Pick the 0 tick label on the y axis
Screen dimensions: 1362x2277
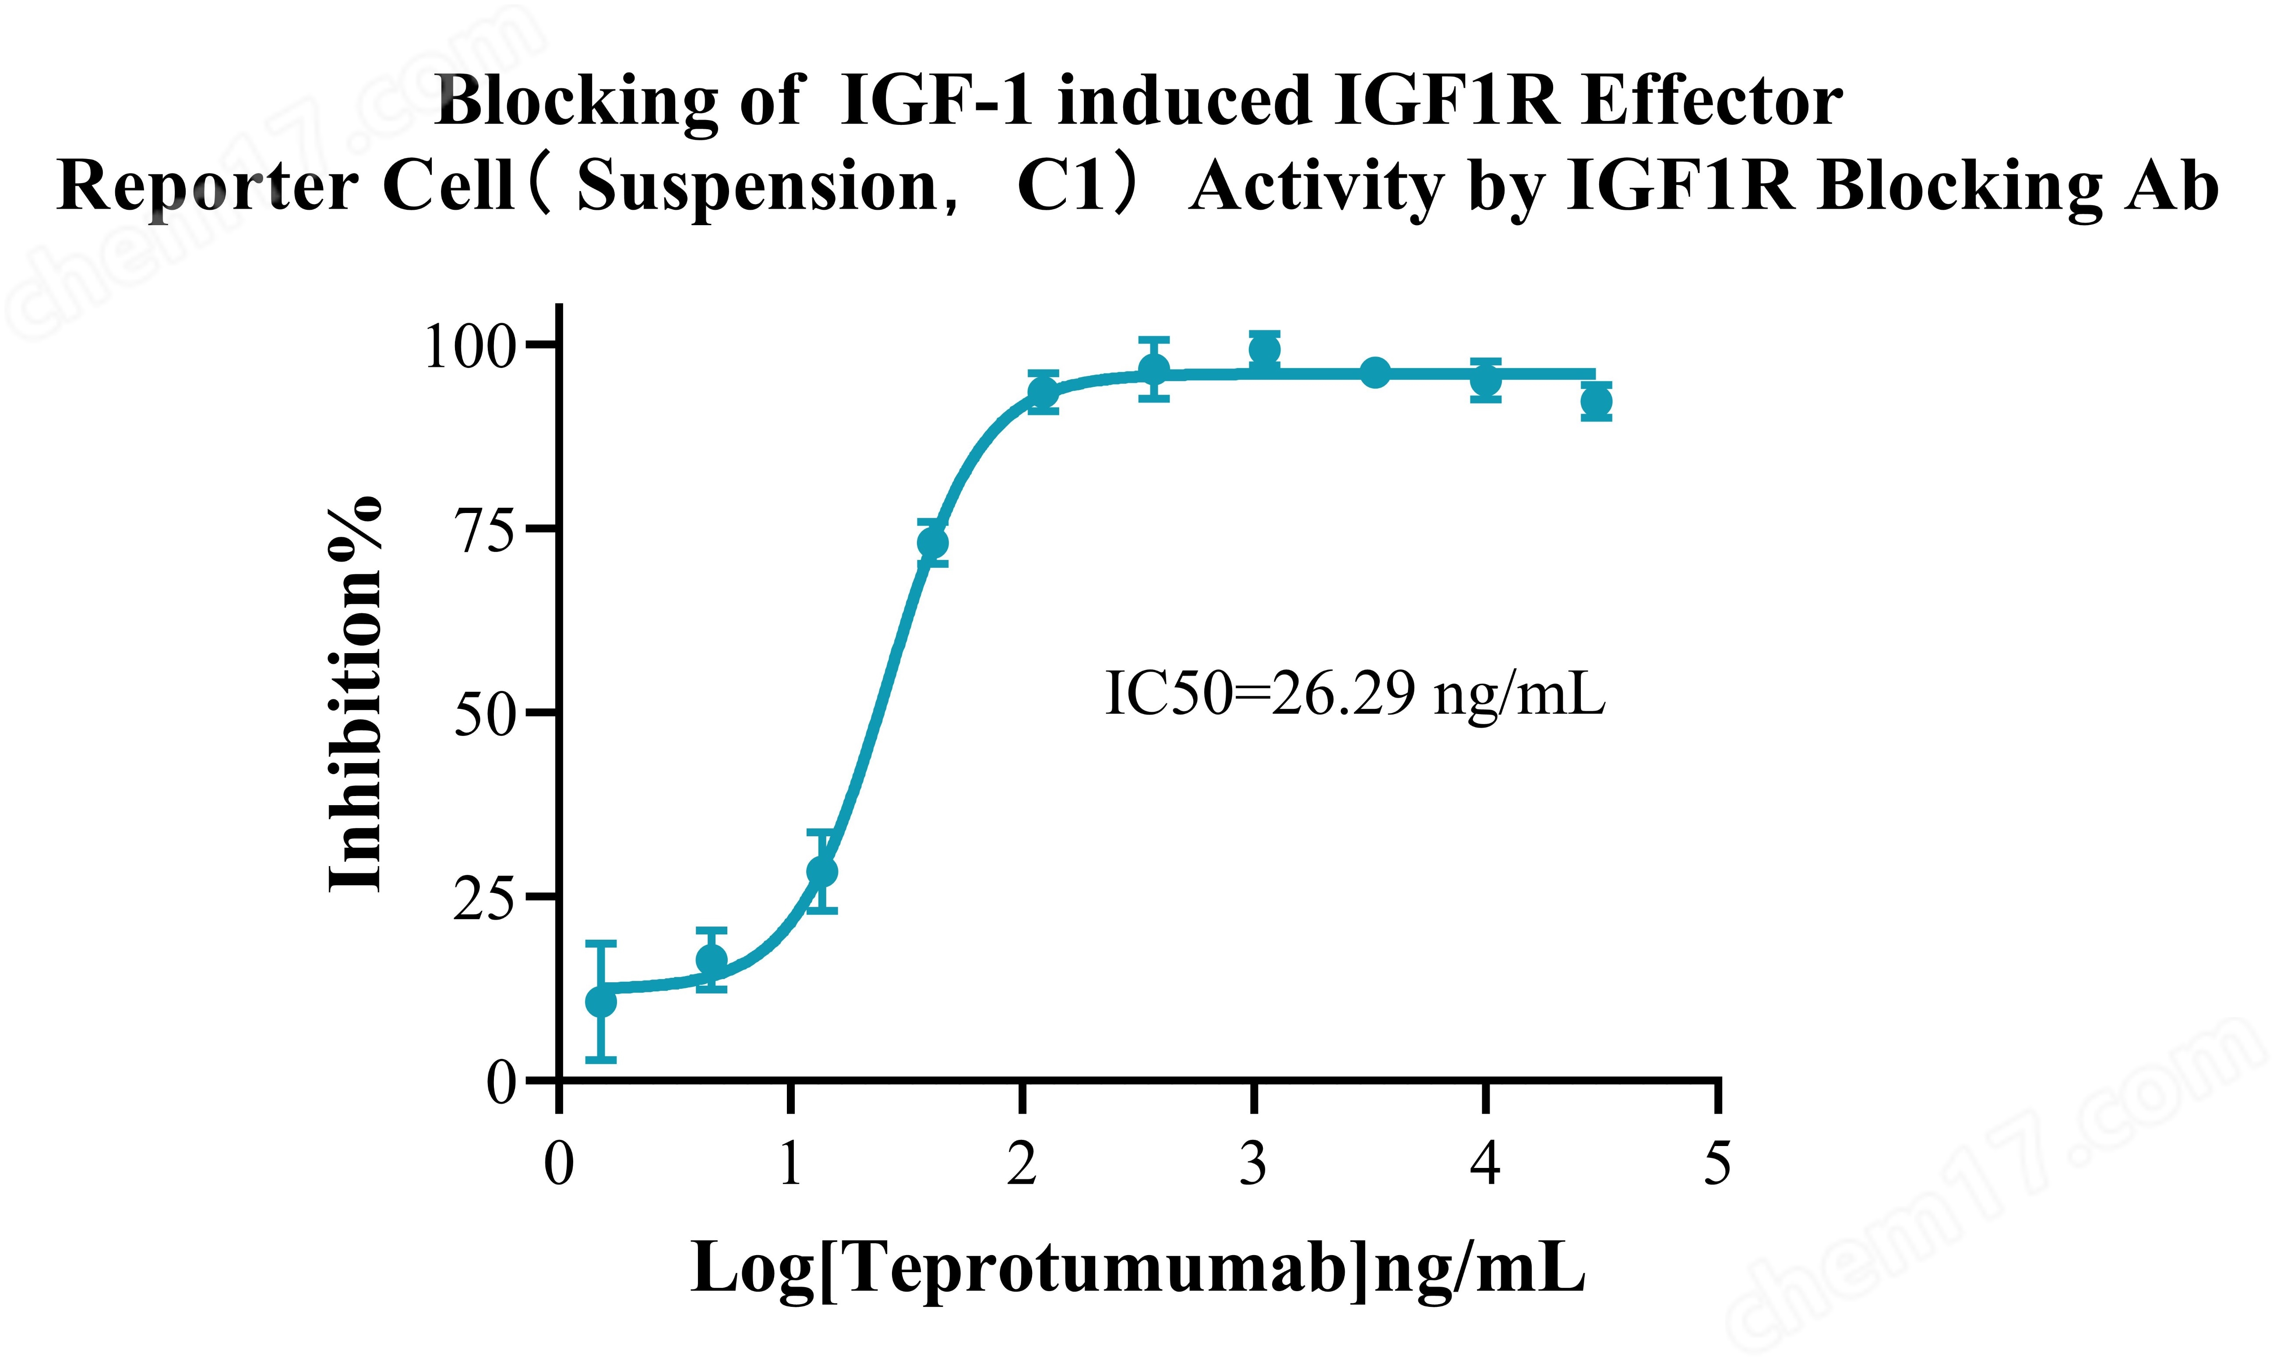[502, 1083]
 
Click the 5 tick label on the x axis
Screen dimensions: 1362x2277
[1717, 1164]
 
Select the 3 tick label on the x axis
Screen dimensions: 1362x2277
[1253, 1164]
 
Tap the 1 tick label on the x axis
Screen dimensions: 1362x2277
[790, 1164]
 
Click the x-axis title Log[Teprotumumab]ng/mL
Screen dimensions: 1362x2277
[1138, 1269]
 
